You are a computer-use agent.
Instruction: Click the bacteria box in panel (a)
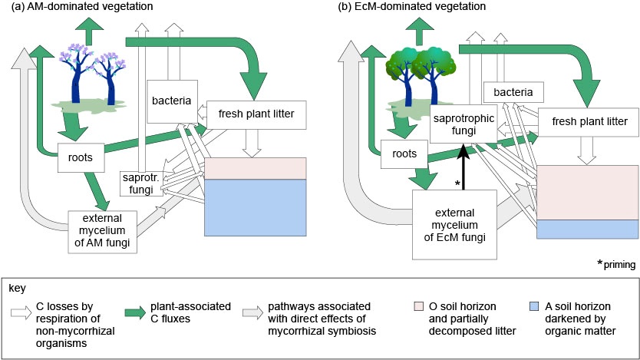tap(170, 101)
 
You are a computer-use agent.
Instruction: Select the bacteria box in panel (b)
tap(513, 93)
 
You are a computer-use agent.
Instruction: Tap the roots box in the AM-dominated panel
tap(81, 158)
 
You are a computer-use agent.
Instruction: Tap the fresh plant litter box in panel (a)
tap(256, 114)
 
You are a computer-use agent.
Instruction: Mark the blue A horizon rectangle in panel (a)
tap(256, 208)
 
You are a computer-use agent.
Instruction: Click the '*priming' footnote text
tap(616, 264)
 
